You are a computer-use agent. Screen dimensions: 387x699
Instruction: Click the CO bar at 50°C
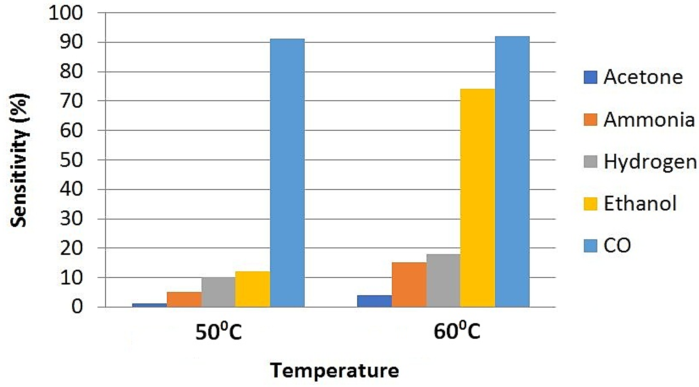tap(287, 173)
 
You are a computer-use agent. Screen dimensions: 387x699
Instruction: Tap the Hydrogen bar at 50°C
tap(218, 292)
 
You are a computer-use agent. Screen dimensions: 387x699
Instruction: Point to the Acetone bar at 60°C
tap(374, 301)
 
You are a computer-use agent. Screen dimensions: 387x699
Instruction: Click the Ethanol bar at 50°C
tap(253, 289)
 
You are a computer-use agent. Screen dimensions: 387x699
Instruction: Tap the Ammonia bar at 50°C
tap(184, 299)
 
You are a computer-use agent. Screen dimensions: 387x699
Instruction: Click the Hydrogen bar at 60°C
tap(443, 280)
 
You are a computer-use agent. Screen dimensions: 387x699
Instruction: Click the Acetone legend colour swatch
tap(590, 77)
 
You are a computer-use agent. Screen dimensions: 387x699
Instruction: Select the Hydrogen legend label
tap(650, 162)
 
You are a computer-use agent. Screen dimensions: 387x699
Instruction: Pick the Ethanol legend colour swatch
tap(590, 204)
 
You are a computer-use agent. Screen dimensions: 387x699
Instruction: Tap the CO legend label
tap(617, 245)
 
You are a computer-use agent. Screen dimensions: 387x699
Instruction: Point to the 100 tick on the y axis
tap(66, 13)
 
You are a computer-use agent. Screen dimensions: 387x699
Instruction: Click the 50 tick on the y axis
tap(71, 160)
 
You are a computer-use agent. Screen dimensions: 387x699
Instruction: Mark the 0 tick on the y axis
tap(77, 307)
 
